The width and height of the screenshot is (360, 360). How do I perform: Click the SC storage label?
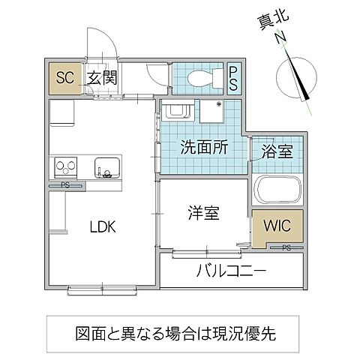(x=64, y=76)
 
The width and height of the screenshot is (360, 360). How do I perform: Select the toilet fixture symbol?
(x=200, y=76)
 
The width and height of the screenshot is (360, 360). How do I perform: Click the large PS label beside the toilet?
(x=233, y=76)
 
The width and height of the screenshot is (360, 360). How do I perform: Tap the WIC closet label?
(x=277, y=224)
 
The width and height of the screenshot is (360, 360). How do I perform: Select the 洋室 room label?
(x=203, y=213)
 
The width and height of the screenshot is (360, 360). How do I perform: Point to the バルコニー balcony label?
(x=230, y=271)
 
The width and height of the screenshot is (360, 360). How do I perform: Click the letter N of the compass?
(x=279, y=37)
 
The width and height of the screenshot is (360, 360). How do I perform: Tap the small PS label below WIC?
(x=286, y=248)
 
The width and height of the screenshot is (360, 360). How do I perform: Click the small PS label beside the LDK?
(x=64, y=184)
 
